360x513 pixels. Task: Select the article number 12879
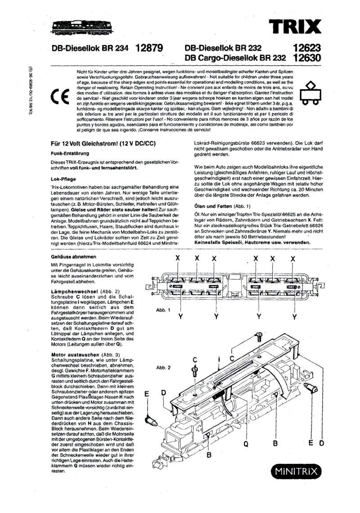point(148,48)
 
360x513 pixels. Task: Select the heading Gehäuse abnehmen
point(74,256)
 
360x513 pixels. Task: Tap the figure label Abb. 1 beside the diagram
point(163,310)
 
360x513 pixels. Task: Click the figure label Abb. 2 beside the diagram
point(163,368)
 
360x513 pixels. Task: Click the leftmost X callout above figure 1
point(178,258)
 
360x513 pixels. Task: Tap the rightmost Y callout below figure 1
point(294,317)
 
